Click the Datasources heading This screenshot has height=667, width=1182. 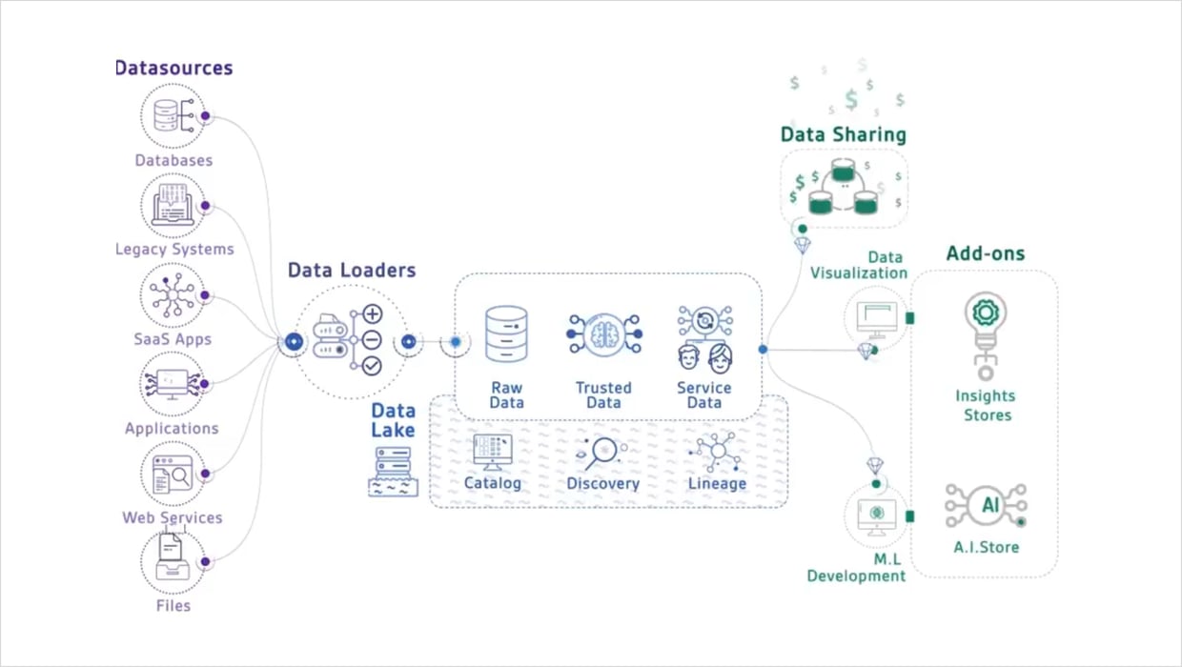[173, 68]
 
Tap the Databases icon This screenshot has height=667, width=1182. [173, 115]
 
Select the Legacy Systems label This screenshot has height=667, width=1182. [174, 249]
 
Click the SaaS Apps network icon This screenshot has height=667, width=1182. [173, 295]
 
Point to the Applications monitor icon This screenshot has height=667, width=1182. [173, 384]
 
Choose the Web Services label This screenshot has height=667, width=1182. [173, 517]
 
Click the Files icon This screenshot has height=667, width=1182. [173, 561]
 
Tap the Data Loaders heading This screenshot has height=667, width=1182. [352, 271]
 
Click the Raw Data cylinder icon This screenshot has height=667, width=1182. [506, 333]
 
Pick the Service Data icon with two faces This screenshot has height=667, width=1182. [705, 338]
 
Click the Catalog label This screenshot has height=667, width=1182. [493, 483]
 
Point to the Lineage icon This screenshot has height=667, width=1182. [717, 451]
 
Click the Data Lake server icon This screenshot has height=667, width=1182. [393, 471]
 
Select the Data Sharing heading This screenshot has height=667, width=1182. [843, 134]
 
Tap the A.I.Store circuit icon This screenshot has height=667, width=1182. [987, 506]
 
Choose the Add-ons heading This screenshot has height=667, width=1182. [986, 253]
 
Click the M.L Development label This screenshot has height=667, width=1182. [856, 568]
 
